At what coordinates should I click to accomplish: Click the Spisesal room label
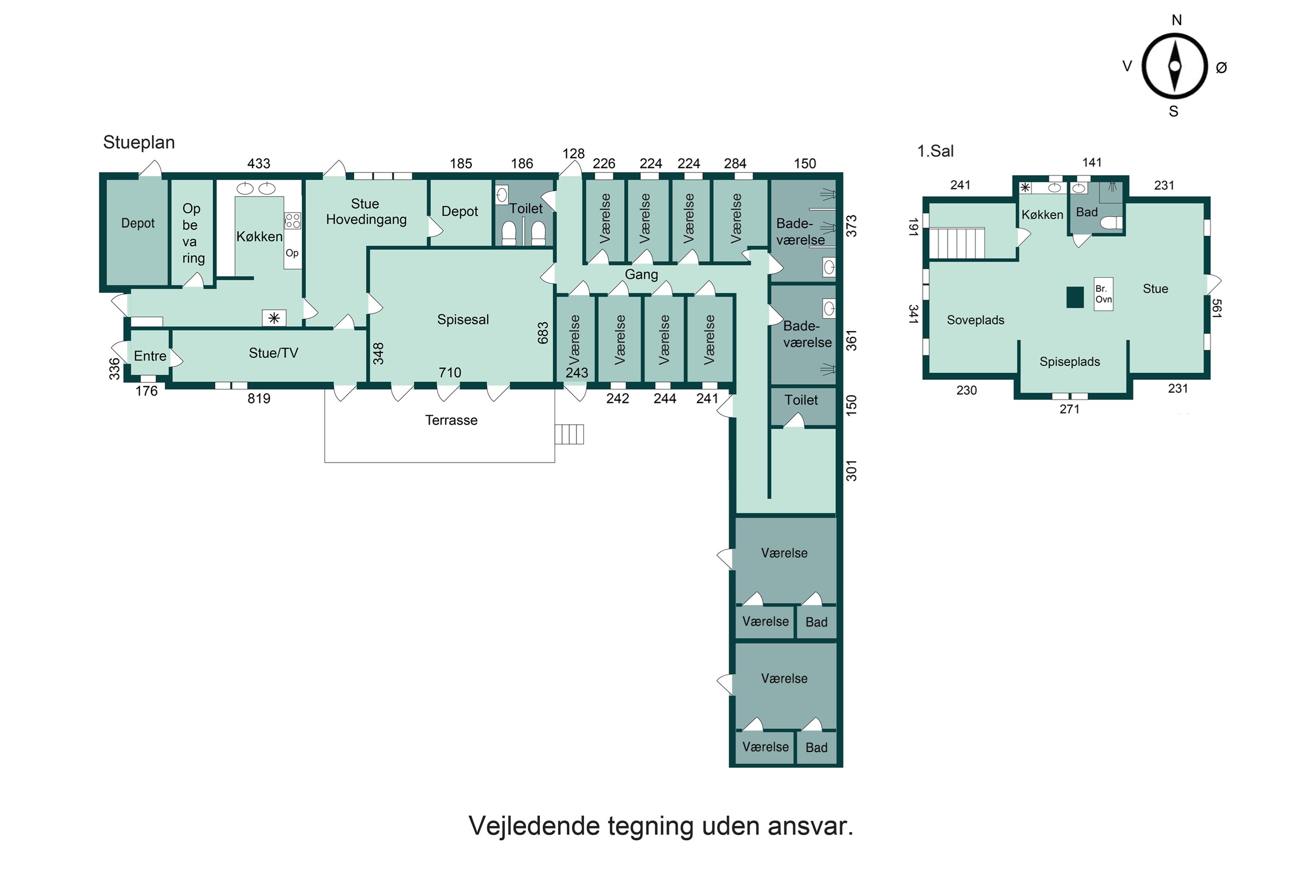click(463, 319)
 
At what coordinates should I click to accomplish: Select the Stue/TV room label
click(273, 353)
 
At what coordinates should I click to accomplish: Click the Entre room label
click(150, 356)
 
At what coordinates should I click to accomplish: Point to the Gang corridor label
click(641, 274)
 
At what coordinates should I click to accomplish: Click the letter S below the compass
click(1173, 111)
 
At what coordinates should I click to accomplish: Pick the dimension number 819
click(259, 398)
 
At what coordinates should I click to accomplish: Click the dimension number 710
click(450, 372)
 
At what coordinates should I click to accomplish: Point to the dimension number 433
click(259, 163)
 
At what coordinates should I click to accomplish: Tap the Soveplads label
click(975, 320)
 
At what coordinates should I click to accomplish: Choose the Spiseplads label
click(1070, 361)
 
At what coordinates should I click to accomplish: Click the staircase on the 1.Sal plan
click(957, 243)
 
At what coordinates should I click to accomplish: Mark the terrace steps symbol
click(569, 434)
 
